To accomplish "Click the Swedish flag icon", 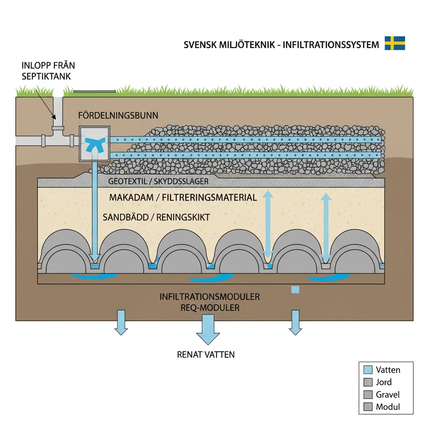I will (x=395, y=43).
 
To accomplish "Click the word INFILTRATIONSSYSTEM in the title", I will (x=331, y=44).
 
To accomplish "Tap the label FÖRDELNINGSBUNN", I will (x=118, y=115).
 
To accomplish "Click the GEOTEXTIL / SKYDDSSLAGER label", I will (x=158, y=182).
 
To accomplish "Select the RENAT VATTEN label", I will (x=206, y=354).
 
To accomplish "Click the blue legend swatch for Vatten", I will (x=368, y=370).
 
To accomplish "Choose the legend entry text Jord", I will (x=384, y=382).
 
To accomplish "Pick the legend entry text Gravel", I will (x=388, y=394).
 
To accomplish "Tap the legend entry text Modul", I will (x=388, y=406).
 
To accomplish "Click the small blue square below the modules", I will (x=295, y=289).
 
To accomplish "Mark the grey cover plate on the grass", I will (x=94, y=90).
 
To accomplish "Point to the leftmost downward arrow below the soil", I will (x=121, y=322).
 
